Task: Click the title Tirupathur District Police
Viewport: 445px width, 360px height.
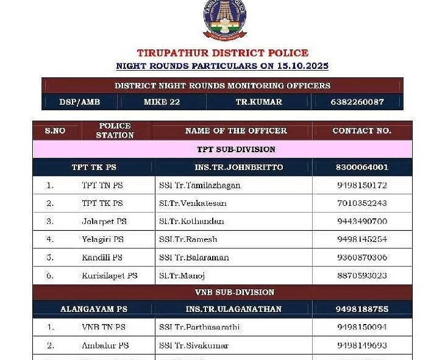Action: click(x=222, y=53)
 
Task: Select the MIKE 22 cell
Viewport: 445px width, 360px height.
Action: click(x=162, y=102)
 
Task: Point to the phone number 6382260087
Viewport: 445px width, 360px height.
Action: click(x=357, y=102)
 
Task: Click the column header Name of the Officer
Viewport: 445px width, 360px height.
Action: click(x=235, y=130)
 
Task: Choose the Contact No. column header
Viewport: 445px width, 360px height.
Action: click(x=361, y=130)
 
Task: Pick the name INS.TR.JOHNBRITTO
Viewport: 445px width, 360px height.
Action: click(x=234, y=167)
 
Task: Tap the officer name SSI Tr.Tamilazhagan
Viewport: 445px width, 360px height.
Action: click(x=200, y=185)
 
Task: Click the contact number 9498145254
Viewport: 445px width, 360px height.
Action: click(x=361, y=239)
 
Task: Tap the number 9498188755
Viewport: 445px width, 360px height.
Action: click(x=361, y=309)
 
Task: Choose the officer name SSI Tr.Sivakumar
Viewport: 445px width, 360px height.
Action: click(x=194, y=345)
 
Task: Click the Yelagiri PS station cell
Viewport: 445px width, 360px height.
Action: click(x=102, y=239)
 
